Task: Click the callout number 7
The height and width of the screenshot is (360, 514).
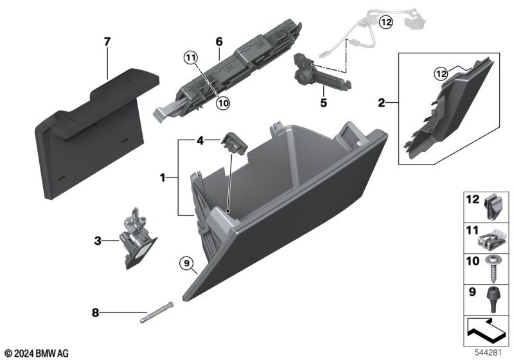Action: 107,42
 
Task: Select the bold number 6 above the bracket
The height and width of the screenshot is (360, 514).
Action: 218,41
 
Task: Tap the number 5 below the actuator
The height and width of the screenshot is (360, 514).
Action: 324,102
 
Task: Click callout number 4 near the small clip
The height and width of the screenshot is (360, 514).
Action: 200,139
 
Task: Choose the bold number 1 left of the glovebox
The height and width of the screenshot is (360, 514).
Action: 163,175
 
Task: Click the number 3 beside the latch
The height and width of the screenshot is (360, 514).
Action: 98,242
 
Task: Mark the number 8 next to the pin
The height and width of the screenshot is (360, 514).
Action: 96,314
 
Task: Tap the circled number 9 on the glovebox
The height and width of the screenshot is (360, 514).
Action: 185,262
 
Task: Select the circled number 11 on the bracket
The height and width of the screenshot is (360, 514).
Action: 190,59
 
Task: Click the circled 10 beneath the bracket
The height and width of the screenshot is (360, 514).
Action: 222,102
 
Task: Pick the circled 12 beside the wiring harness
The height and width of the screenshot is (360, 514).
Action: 385,22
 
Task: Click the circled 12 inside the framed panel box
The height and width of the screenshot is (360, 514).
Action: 439,73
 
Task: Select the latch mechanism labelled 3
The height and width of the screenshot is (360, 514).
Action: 138,238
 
